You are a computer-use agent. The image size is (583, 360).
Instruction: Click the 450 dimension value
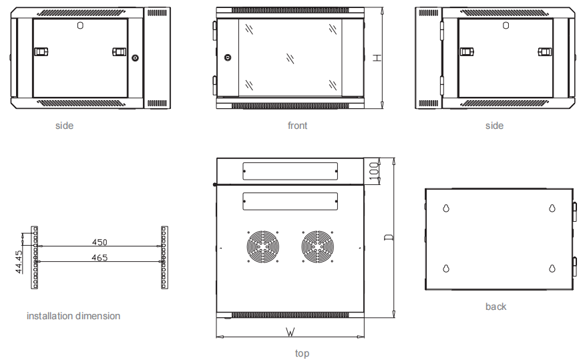pyautogui.click(x=100, y=242)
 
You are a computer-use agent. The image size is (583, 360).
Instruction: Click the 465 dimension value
pyautogui.click(x=100, y=257)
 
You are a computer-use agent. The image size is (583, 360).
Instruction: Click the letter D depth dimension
pyautogui.click(x=388, y=237)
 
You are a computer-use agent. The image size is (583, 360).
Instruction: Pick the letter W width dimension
pyautogui.click(x=290, y=331)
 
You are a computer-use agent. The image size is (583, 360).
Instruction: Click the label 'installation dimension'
pyautogui.click(x=73, y=315)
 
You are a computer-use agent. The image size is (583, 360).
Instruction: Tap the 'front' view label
pyautogui.click(x=297, y=126)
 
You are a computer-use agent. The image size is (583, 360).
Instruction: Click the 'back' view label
pyautogui.click(x=496, y=307)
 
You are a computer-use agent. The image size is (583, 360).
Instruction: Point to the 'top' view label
pyautogui.click(x=302, y=353)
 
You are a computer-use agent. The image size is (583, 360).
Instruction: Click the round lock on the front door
pyautogui.click(x=227, y=58)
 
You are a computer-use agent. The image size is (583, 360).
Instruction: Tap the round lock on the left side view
pyautogui.click(x=136, y=58)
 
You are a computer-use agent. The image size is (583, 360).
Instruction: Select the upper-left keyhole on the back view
pyautogui.click(x=445, y=208)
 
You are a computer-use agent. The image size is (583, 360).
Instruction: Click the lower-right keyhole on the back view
pyautogui.click(x=552, y=268)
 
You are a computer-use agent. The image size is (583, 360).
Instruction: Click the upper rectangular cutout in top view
pyautogui.click(x=290, y=171)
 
